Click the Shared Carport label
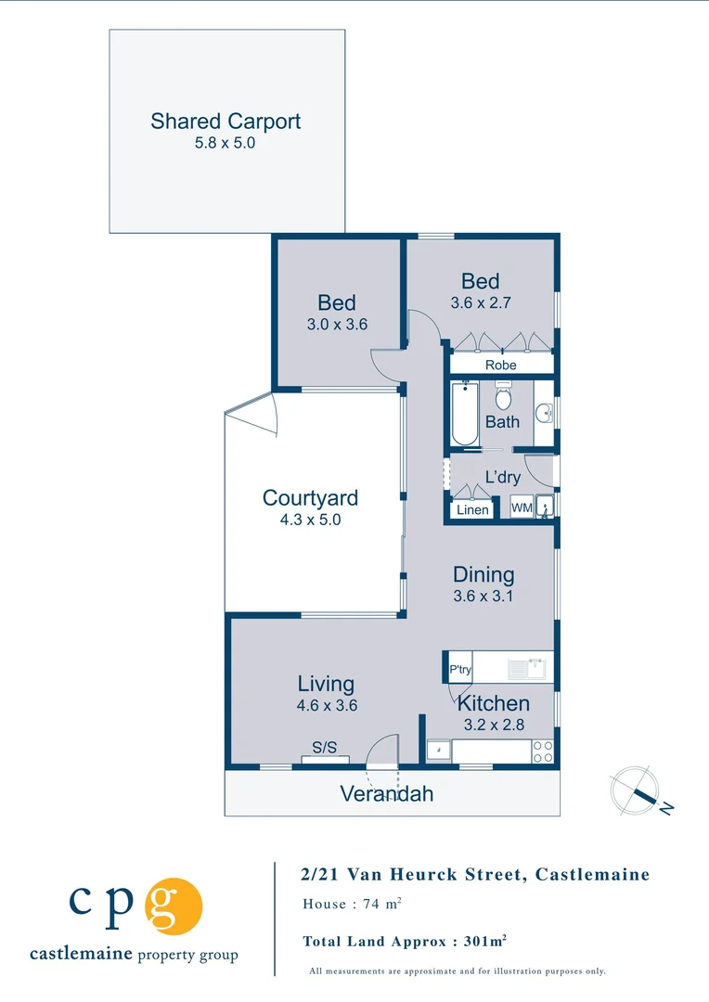tap(226, 122)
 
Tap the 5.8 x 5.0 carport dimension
tap(226, 144)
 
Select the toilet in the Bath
tap(503, 398)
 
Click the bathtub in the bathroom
tap(461, 413)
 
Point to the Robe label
tap(501, 366)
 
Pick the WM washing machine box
tap(521, 508)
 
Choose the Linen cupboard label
tap(472, 510)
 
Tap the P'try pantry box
tap(460, 669)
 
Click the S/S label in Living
tap(324, 748)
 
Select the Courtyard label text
tap(310, 498)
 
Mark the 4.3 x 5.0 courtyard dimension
tap(310, 520)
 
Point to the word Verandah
tap(386, 794)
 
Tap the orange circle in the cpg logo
tap(173, 906)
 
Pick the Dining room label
tap(483, 575)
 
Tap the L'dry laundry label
tap(502, 478)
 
